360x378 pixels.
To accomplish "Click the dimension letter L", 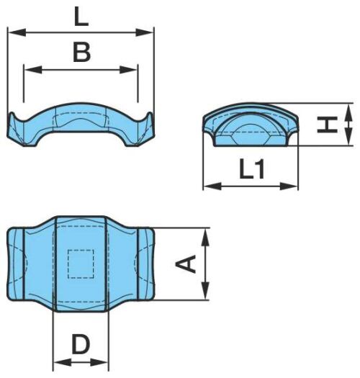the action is (81, 16).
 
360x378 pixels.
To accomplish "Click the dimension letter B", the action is (81, 52).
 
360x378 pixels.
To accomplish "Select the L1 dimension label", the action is (252, 169).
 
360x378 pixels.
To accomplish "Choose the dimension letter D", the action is (81, 344).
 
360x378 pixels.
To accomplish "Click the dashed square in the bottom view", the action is (81, 264).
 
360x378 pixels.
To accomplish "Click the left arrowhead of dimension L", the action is (17, 32).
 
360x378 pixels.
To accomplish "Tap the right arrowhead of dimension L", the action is (145, 32).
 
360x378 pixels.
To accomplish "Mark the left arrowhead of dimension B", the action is (33, 70).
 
